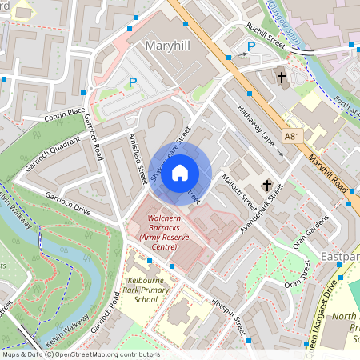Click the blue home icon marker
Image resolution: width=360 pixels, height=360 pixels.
(x=180, y=172)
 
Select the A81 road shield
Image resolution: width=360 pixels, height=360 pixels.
(x=294, y=138)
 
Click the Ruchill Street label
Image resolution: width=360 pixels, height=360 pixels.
(x=266, y=35)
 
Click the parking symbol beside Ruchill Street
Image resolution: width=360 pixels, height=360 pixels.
(x=250, y=47)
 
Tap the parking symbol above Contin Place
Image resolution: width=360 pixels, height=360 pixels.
(x=133, y=82)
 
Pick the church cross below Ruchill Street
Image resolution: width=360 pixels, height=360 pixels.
(x=282, y=78)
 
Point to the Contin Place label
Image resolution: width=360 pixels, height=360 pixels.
(x=65, y=116)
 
